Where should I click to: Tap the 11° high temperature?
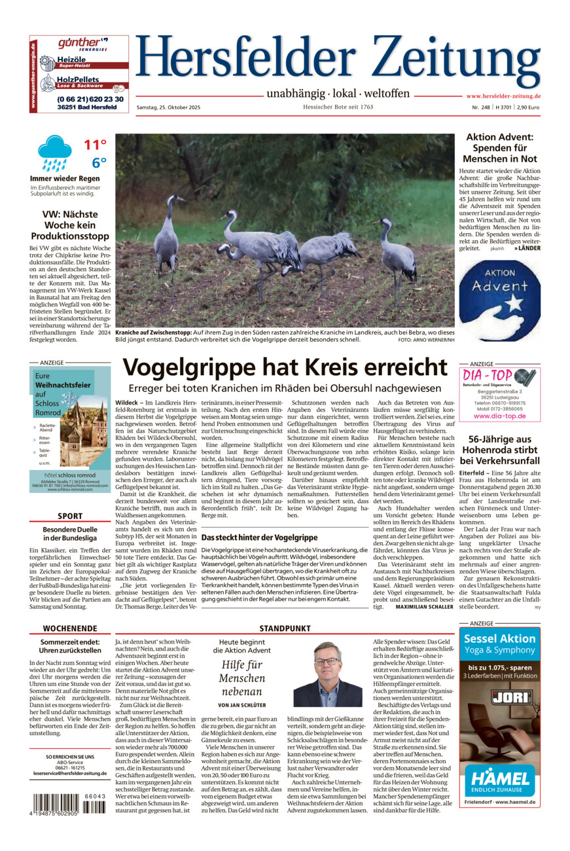pyautogui.click(x=95, y=145)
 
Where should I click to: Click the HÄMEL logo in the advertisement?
pyautogui.click(x=500, y=779)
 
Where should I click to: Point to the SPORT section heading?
pyautogui.click(x=70, y=516)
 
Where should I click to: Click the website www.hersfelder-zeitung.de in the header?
pyautogui.click(x=503, y=96)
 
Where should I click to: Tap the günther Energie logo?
pyautogui.click(x=83, y=44)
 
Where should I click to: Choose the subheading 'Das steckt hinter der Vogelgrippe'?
pyautogui.click(x=259, y=537)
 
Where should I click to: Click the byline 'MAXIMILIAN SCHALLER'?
pyautogui.click(x=424, y=607)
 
